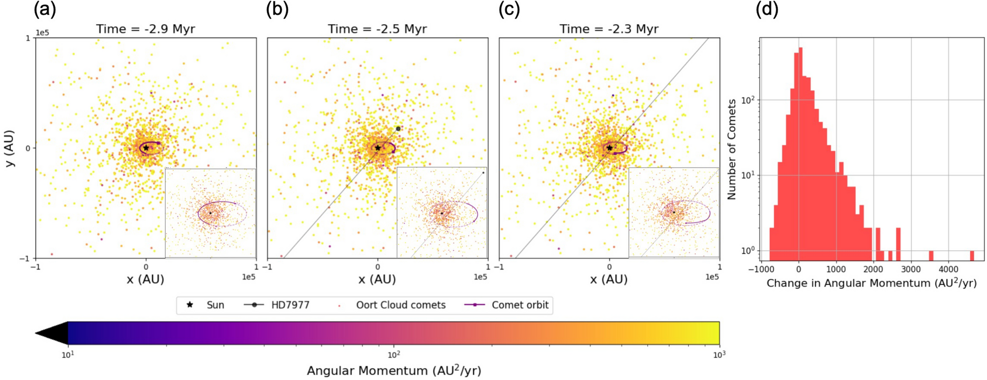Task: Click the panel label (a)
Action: click(45, 9)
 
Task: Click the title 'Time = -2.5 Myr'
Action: click(377, 29)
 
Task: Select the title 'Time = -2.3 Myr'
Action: click(609, 29)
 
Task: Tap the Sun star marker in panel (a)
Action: click(146, 147)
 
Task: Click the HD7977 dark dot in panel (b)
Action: click(398, 129)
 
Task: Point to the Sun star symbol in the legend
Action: click(190, 305)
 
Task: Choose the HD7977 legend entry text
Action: click(290, 305)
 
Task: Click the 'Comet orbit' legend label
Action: click(520, 305)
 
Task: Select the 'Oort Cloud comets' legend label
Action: click(401, 305)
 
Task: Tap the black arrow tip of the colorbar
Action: click(42, 333)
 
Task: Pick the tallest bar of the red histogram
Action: click(801, 147)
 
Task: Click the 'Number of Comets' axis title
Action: click(732, 149)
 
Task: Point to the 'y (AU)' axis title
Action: click(9, 148)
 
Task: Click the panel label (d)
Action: click(767, 9)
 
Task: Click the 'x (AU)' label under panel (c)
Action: click(609, 280)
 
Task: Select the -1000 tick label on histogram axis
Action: click(761, 269)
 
